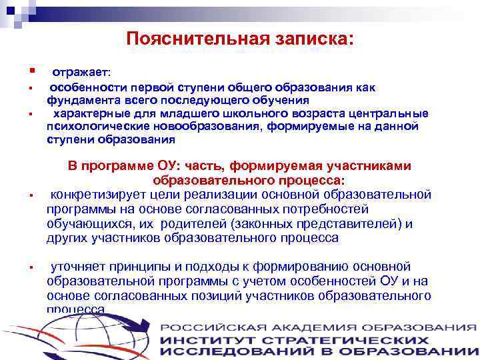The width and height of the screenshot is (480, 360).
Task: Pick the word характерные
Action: [89, 113]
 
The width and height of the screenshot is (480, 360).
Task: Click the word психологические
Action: [95, 127]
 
